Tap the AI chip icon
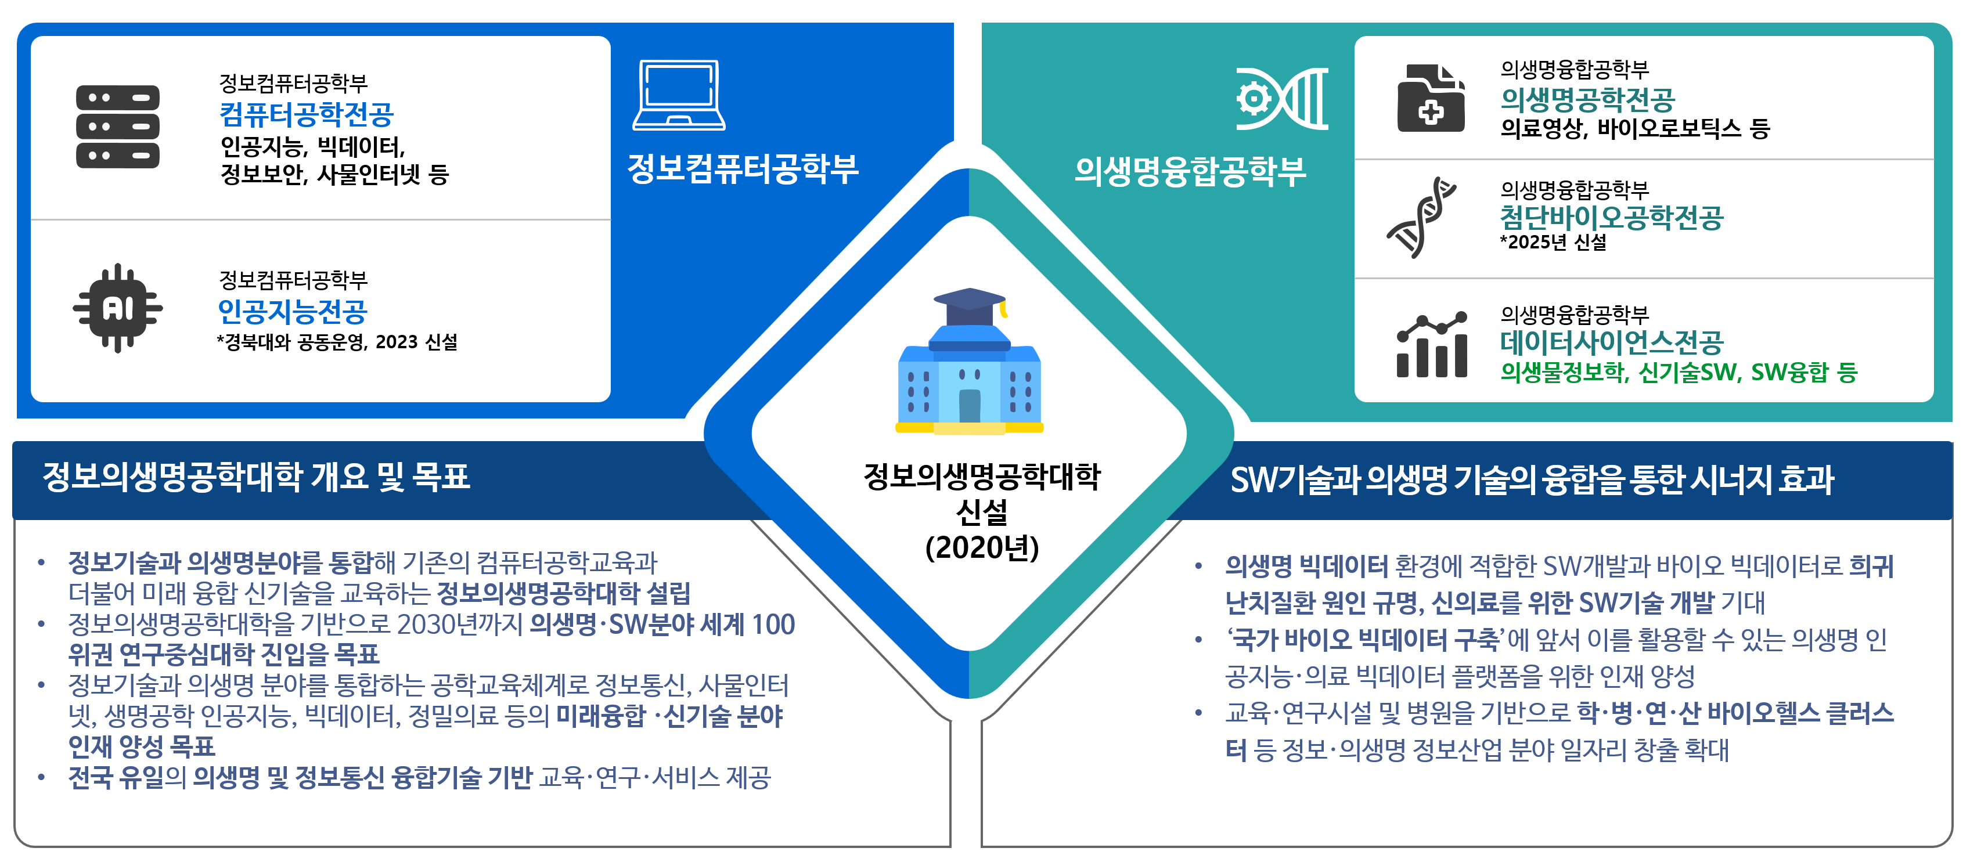(x=118, y=308)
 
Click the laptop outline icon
(x=679, y=96)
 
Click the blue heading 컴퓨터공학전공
(x=307, y=115)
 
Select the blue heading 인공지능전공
(x=293, y=312)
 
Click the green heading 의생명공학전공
(x=1587, y=99)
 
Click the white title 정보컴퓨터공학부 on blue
(x=743, y=169)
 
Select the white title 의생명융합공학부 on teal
(x=1190, y=172)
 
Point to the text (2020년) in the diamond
(x=982, y=547)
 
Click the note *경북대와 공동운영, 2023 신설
(x=337, y=342)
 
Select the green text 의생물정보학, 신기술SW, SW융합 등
(x=1679, y=372)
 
